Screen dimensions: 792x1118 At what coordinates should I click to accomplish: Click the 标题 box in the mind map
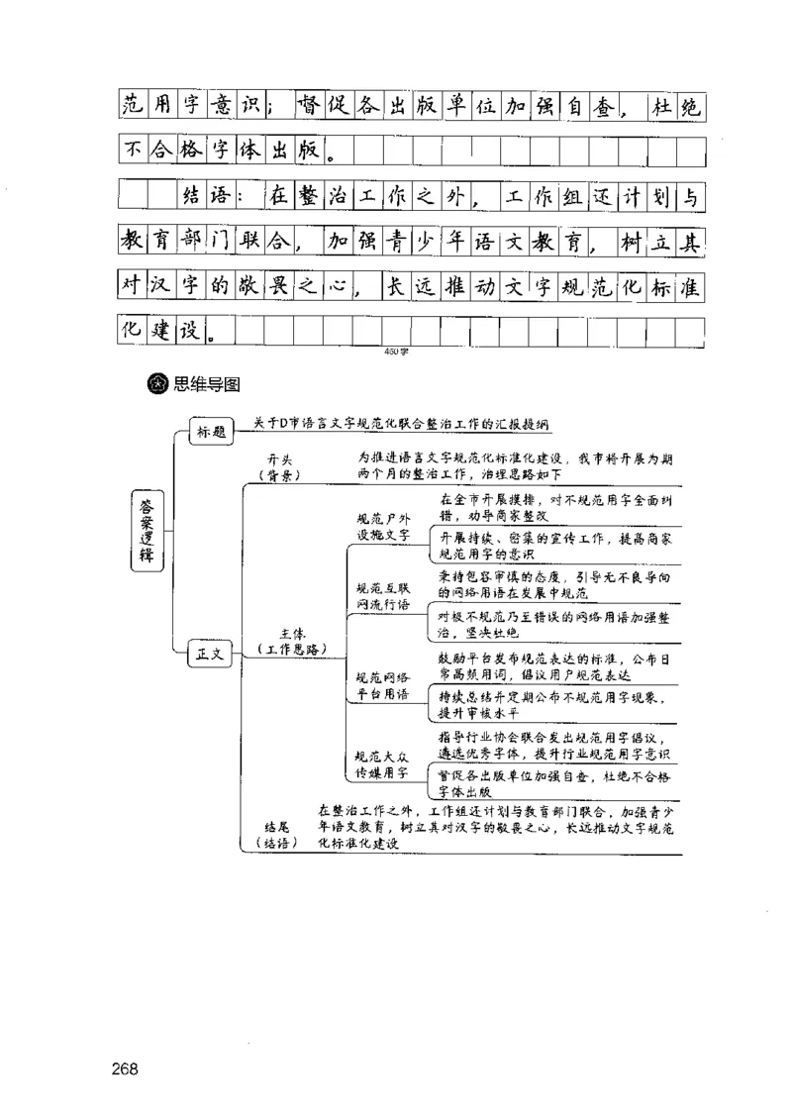pos(211,432)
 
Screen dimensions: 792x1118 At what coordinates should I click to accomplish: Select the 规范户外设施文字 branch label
pos(383,526)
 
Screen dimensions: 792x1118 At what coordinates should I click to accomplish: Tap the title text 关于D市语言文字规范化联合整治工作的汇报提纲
pos(401,424)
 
